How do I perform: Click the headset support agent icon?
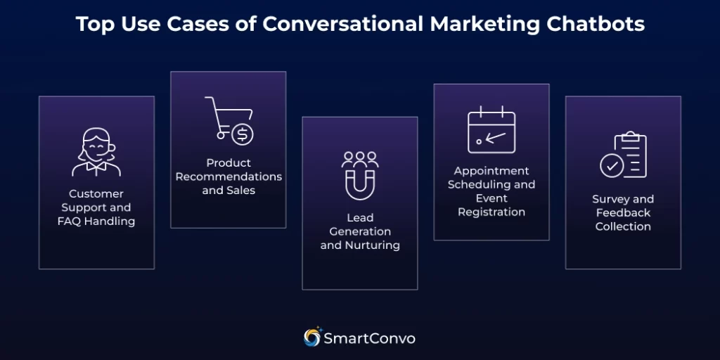(x=96, y=151)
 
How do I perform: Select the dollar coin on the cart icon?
(x=243, y=134)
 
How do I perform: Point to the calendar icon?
(x=491, y=130)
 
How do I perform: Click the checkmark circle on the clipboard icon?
(x=611, y=166)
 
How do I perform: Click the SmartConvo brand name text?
(x=369, y=338)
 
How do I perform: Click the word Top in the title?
(x=93, y=25)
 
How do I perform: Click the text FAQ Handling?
(x=96, y=221)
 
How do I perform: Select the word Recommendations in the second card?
(x=229, y=176)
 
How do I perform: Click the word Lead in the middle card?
(x=360, y=217)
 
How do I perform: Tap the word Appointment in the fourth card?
(x=491, y=171)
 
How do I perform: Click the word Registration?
(x=491, y=212)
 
